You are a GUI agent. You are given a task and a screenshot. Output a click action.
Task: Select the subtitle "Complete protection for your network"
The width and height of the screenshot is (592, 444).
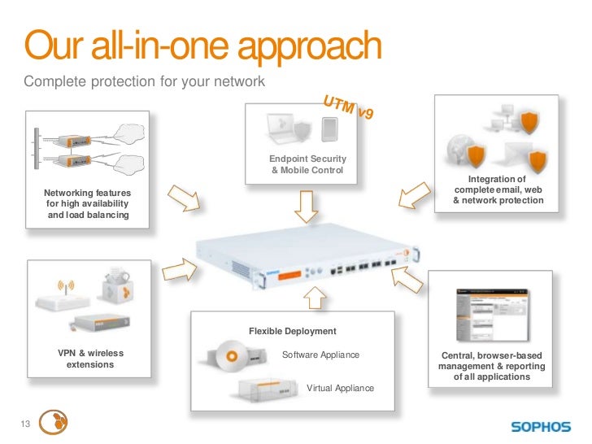(144, 83)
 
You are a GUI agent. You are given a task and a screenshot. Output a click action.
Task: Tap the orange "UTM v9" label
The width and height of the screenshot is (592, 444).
(349, 107)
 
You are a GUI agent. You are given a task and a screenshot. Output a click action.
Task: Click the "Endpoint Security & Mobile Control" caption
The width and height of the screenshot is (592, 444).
(307, 164)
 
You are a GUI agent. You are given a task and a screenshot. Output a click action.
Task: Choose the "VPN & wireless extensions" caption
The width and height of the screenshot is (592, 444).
(90, 359)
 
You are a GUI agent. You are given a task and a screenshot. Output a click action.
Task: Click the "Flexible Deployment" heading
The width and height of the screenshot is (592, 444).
(292, 332)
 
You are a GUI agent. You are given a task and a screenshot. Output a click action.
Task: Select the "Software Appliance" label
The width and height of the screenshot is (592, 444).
(320, 355)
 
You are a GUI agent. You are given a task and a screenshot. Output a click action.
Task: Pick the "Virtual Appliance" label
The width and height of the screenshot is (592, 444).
(340, 389)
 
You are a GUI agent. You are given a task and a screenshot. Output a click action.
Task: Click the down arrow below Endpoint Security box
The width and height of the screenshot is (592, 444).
(307, 207)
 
